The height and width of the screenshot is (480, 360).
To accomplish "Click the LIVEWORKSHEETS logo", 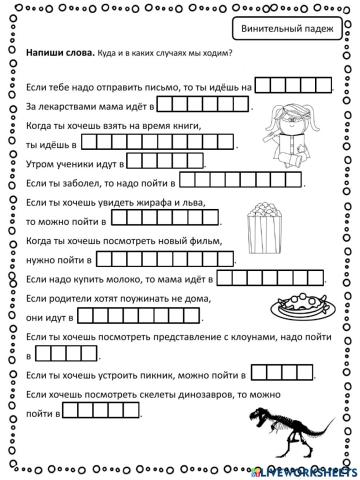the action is pos(313,469).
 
